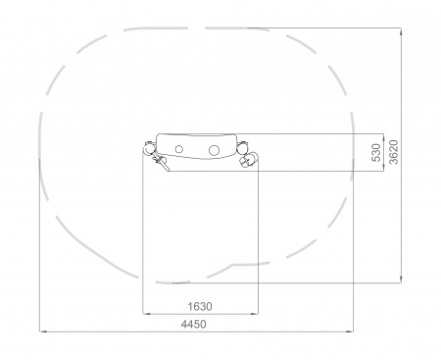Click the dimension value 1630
pos(200,307)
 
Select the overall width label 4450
pos(194,324)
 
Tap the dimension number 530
pos(376,152)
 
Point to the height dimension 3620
pos(394,152)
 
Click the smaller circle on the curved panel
pos(178,149)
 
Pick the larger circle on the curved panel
pos(214,150)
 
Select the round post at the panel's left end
pos(149,148)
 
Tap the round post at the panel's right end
pos(242,148)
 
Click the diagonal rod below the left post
pos(162,163)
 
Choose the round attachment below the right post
pos(248,160)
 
